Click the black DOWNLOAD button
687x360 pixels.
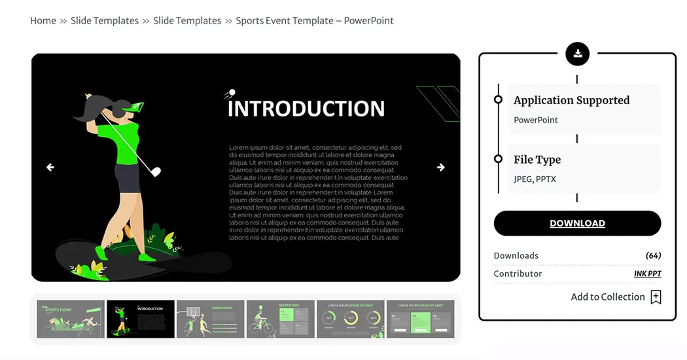click(x=577, y=223)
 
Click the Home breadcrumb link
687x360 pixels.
click(x=43, y=20)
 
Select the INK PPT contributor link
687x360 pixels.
click(x=647, y=274)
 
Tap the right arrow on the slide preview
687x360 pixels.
click(x=441, y=168)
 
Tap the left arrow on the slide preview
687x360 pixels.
click(x=50, y=168)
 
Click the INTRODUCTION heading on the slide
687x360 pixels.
click(x=306, y=108)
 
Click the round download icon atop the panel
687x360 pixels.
click(x=577, y=54)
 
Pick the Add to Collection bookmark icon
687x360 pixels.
click(x=656, y=297)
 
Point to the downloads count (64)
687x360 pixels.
click(x=653, y=255)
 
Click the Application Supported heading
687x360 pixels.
click(x=571, y=100)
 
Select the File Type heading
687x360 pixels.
click(x=537, y=160)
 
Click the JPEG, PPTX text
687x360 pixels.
click(x=535, y=179)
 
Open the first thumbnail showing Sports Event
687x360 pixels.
click(x=71, y=319)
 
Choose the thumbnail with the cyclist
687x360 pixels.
click(x=280, y=319)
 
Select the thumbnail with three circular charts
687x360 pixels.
click(x=350, y=319)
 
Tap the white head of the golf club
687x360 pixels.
click(x=156, y=172)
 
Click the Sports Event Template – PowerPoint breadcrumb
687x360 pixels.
click(x=315, y=20)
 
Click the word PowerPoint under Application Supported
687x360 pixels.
click(x=536, y=120)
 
